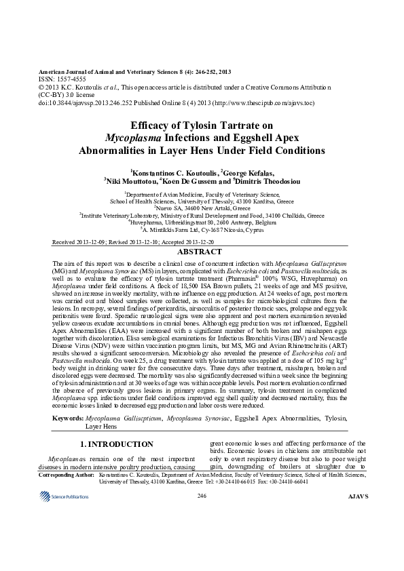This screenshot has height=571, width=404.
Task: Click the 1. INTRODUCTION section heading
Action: [112, 444]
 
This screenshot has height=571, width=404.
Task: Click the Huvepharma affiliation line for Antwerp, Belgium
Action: [202, 222]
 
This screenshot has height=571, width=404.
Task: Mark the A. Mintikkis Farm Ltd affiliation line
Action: [202, 230]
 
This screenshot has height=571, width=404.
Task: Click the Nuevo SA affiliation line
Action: [202, 208]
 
